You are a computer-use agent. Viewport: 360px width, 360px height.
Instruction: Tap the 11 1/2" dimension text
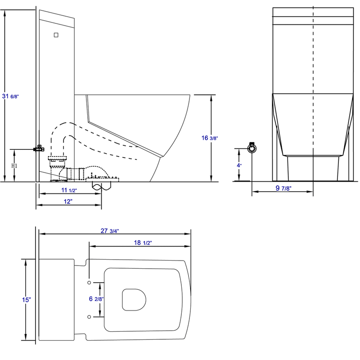pos(68,190)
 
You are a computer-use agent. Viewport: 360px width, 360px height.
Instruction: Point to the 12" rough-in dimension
pos(68,202)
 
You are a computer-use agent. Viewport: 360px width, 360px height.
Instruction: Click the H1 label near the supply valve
pos(14,166)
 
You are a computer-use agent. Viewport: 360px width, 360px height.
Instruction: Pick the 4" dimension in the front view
pos(239,165)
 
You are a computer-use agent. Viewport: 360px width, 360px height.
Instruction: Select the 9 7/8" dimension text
pos(282,188)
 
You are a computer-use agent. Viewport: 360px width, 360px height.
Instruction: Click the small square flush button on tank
pos(56,34)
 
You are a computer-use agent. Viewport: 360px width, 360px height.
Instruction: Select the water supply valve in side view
pos(40,148)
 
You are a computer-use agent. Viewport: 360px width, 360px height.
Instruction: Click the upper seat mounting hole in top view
pos(89,283)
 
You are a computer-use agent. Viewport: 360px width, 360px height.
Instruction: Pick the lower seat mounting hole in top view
pos(89,317)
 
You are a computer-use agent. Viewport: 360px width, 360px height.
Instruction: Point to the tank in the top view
pos(56,300)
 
